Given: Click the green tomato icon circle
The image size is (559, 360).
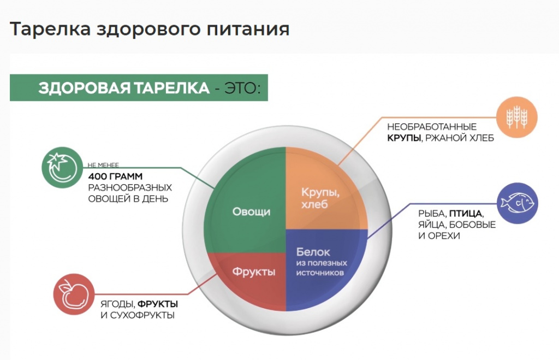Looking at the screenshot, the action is coord(62,167).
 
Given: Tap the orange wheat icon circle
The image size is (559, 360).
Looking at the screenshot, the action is coord(516,117).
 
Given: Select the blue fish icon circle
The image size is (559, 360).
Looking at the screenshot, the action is coord(518,203).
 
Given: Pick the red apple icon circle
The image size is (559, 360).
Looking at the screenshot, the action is coord(74,294).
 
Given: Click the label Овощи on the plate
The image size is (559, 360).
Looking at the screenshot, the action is coord(251,211).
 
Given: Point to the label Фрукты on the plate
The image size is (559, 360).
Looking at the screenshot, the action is coord(254,272).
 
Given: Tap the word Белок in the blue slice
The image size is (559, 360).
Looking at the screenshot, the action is coord(313,252).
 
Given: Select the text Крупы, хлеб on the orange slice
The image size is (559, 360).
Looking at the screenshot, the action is coord(320,198).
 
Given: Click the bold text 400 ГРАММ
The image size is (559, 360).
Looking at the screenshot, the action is coord(115,176).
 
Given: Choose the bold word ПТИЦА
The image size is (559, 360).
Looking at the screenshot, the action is coord(465,214).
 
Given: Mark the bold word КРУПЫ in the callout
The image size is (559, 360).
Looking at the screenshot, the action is coord(404,138).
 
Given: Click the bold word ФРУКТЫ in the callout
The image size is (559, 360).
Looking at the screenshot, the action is coord(158,304).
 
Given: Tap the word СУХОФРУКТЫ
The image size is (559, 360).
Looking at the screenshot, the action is coord(142,315).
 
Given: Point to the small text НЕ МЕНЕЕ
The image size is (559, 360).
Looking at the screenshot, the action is coord(103,165).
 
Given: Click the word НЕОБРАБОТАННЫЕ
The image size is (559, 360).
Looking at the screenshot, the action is coord(432,127).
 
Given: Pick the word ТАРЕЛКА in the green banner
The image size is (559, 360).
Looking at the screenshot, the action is coord(171,88).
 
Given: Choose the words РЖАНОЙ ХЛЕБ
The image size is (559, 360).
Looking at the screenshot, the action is coord(460,138).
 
